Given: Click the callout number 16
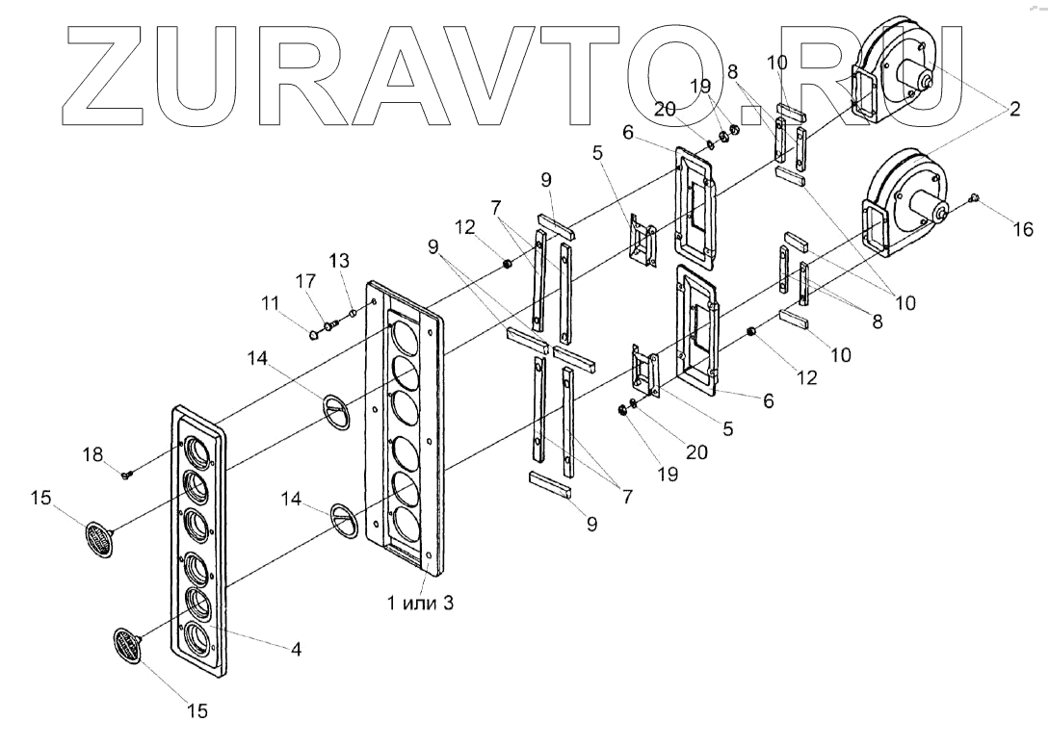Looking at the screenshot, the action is [x=1022, y=228].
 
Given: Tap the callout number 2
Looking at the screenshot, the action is [x=1015, y=110].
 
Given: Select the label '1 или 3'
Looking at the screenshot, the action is [x=417, y=604].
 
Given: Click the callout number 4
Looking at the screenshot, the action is [x=296, y=650].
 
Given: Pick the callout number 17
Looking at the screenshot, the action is [x=304, y=282].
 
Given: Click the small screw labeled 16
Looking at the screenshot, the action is [x=973, y=198].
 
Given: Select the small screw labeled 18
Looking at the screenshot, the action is [x=126, y=473].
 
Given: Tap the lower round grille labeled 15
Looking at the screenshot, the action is [x=127, y=643].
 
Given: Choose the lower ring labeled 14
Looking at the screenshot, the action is [x=348, y=515].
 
